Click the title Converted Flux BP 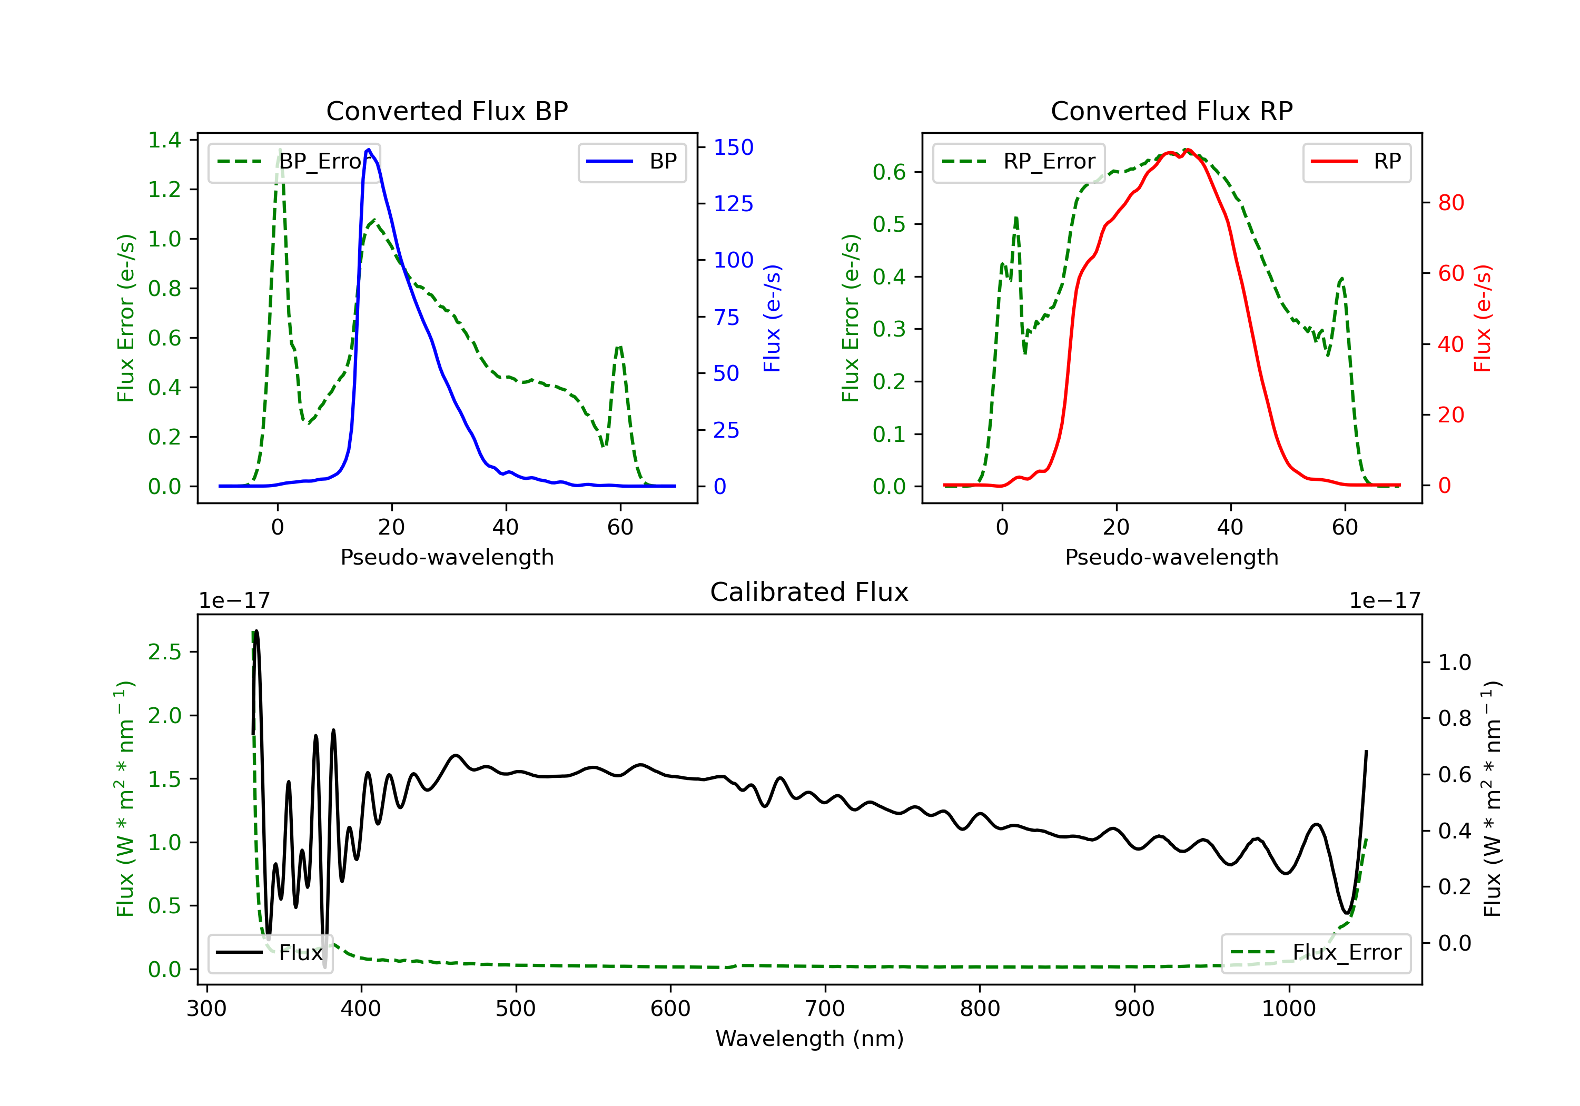[447, 111]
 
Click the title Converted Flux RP [1171, 111]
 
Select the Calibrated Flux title [809, 592]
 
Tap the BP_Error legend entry [294, 162]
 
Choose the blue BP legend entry [631, 162]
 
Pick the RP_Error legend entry [1019, 162]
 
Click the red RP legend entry [1356, 162]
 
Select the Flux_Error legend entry [1316, 953]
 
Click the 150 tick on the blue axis [734, 147]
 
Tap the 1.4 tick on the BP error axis [164, 141]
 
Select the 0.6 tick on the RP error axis [889, 172]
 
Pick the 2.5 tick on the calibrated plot [164, 652]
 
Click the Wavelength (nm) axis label [809, 1039]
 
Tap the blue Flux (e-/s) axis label [772, 319]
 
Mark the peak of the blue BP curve [369, 150]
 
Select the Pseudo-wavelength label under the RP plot [1171, 557]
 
